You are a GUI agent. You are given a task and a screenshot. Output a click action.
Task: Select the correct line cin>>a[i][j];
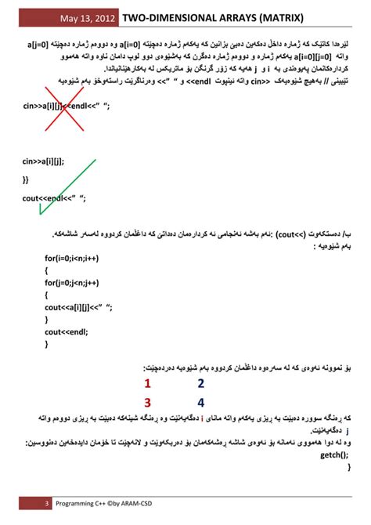click(x=44, y=161)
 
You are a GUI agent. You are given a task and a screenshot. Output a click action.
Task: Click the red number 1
click(x=147, y=384)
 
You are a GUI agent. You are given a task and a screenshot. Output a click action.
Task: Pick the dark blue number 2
click(x=200, y=384)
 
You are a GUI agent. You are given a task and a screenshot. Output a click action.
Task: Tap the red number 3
click(x=147, y=403)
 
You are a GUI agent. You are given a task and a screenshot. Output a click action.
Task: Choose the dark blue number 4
click(x=200, y=403)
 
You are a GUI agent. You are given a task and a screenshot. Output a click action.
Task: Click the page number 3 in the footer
click(x=46, y=504)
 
